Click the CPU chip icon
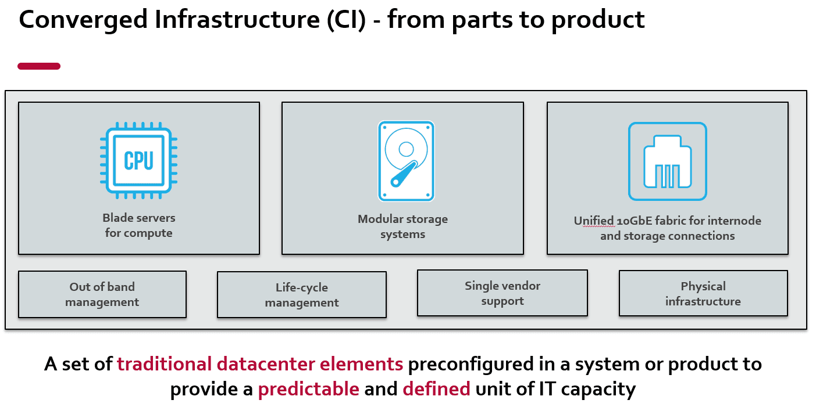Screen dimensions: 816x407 coord(139,160)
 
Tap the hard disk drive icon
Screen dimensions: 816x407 coord(406,161)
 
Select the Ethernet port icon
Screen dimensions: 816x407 coord(667,161)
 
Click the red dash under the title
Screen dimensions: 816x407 coord(39,66)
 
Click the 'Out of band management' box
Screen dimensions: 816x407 coord(102,294)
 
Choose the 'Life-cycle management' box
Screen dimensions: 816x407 coord(302,294)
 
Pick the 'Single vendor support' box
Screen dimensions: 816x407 coord(503,293)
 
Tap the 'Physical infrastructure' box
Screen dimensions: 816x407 coord(703,294)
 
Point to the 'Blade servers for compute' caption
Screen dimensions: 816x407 coord(139,225)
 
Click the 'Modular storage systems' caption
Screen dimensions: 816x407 coord(402,226)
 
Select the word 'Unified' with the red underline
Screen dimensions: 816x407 coord(593,221)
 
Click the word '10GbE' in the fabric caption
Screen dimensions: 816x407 coord(634,221)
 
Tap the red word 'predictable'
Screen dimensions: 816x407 coord(309,389)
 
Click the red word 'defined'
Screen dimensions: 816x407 coord(436,388)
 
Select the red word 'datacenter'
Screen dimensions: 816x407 coord(266,364)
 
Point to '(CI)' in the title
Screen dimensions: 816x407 coord(346,20)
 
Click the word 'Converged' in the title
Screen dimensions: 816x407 coord(83,21)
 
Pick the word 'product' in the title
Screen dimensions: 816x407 coord(598,21)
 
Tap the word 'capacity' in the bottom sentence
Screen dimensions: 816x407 coord(598,390)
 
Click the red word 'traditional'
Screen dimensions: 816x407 coord(164,364)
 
